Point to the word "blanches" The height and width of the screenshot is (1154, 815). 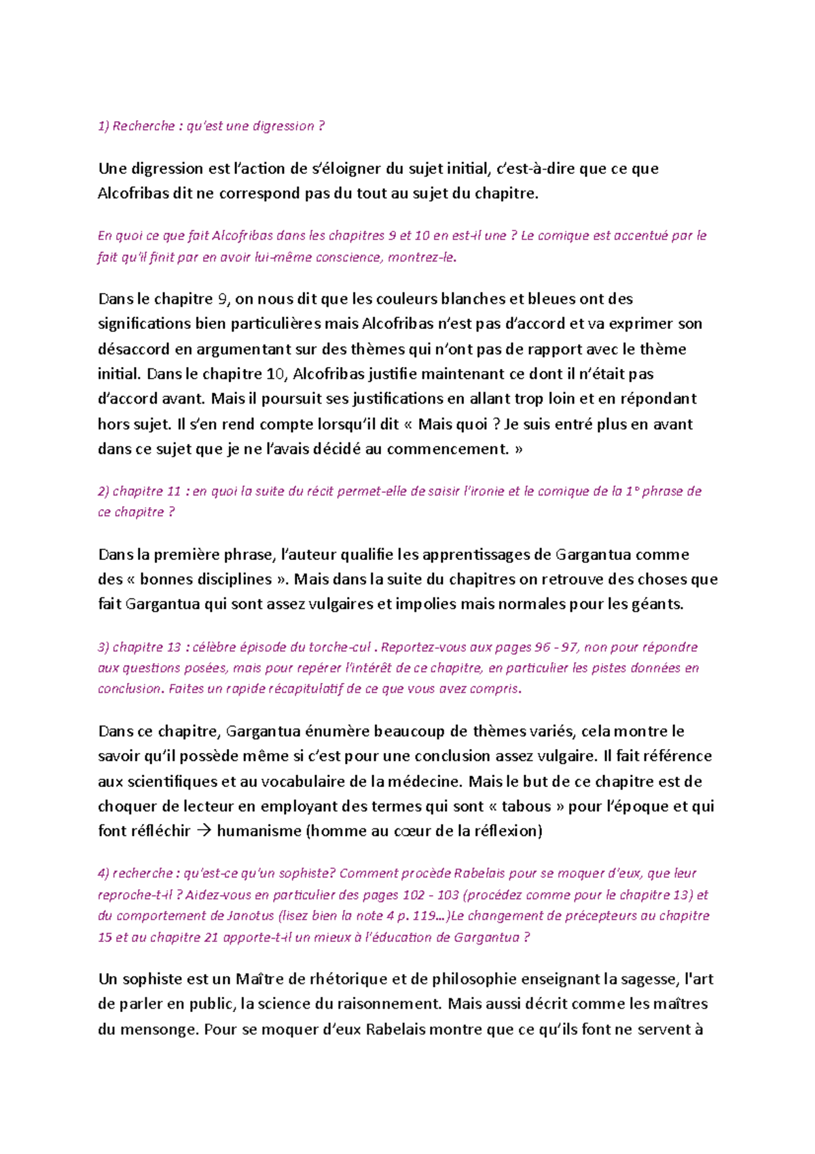pyautogui.click(x=473, y=299)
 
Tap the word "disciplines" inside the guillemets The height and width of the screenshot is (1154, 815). pyautogui.click(x=233, y=580)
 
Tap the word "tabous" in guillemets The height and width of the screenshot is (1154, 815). pyautogui.click(x=526, y=807)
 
